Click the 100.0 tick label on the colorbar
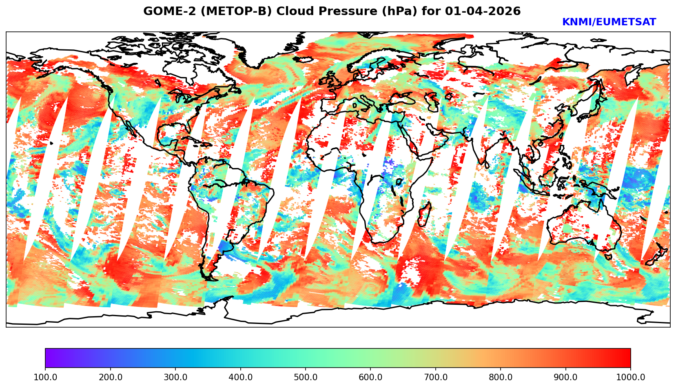[45, 377]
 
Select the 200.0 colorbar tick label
[110, 377]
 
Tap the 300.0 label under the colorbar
[175, 377]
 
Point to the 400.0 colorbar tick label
[240, 377]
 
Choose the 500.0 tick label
[306, 377]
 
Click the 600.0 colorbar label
[370, 377]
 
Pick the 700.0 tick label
[436, 377]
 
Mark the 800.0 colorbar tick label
[501, 377]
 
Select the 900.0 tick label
[566, 377]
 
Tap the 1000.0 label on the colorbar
[631, 377]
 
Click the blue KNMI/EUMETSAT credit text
[609, 22]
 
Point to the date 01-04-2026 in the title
[483, 11]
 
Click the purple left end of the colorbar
[48, 358]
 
